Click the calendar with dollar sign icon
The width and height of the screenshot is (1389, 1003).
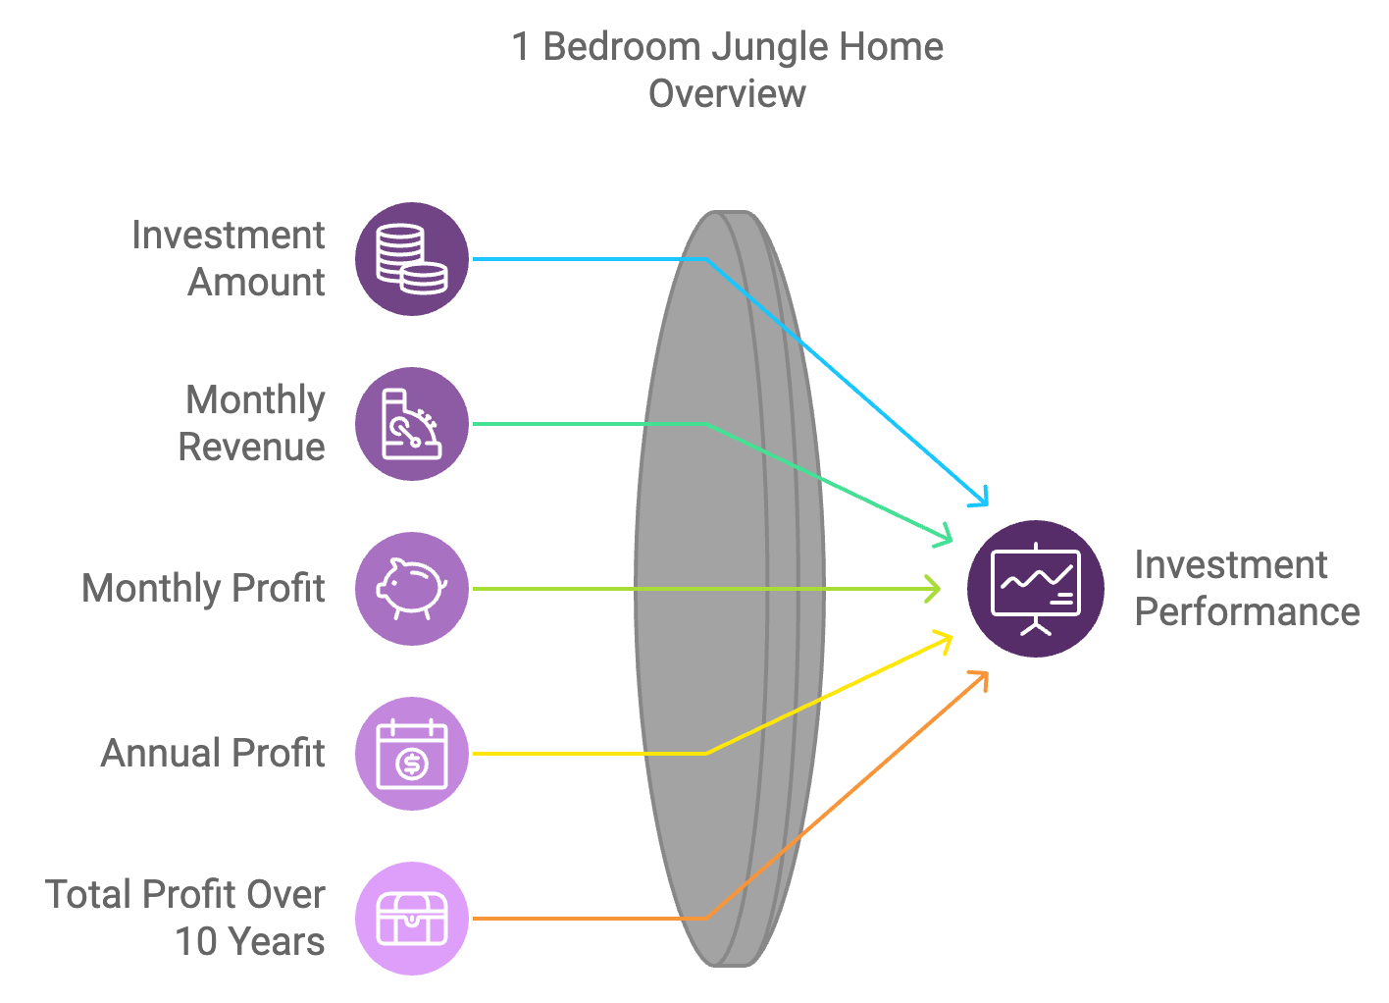coord(412,754)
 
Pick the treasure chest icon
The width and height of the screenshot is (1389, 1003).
coord(412,919)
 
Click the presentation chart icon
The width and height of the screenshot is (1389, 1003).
coord(1036,589)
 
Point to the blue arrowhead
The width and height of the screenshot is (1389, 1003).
coord(980,498)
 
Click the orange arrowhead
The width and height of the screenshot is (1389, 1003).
coord(980,680)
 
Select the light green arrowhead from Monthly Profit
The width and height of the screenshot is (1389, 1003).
coord(933,589)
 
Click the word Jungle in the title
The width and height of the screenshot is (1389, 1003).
coord(769,48)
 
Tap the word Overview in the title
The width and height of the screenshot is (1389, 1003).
coord(727,93)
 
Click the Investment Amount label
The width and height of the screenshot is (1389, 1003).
coord(229,259)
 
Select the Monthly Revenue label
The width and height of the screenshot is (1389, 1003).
coord(252,424)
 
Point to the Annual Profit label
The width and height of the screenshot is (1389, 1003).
coord(213,753)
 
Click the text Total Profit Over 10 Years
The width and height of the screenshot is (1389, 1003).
coord(184,918)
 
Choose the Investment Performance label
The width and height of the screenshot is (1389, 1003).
coord(1247,589)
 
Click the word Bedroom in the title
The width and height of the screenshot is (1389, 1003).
coord(622,47)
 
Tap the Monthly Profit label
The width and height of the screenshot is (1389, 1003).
coord(203,589)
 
